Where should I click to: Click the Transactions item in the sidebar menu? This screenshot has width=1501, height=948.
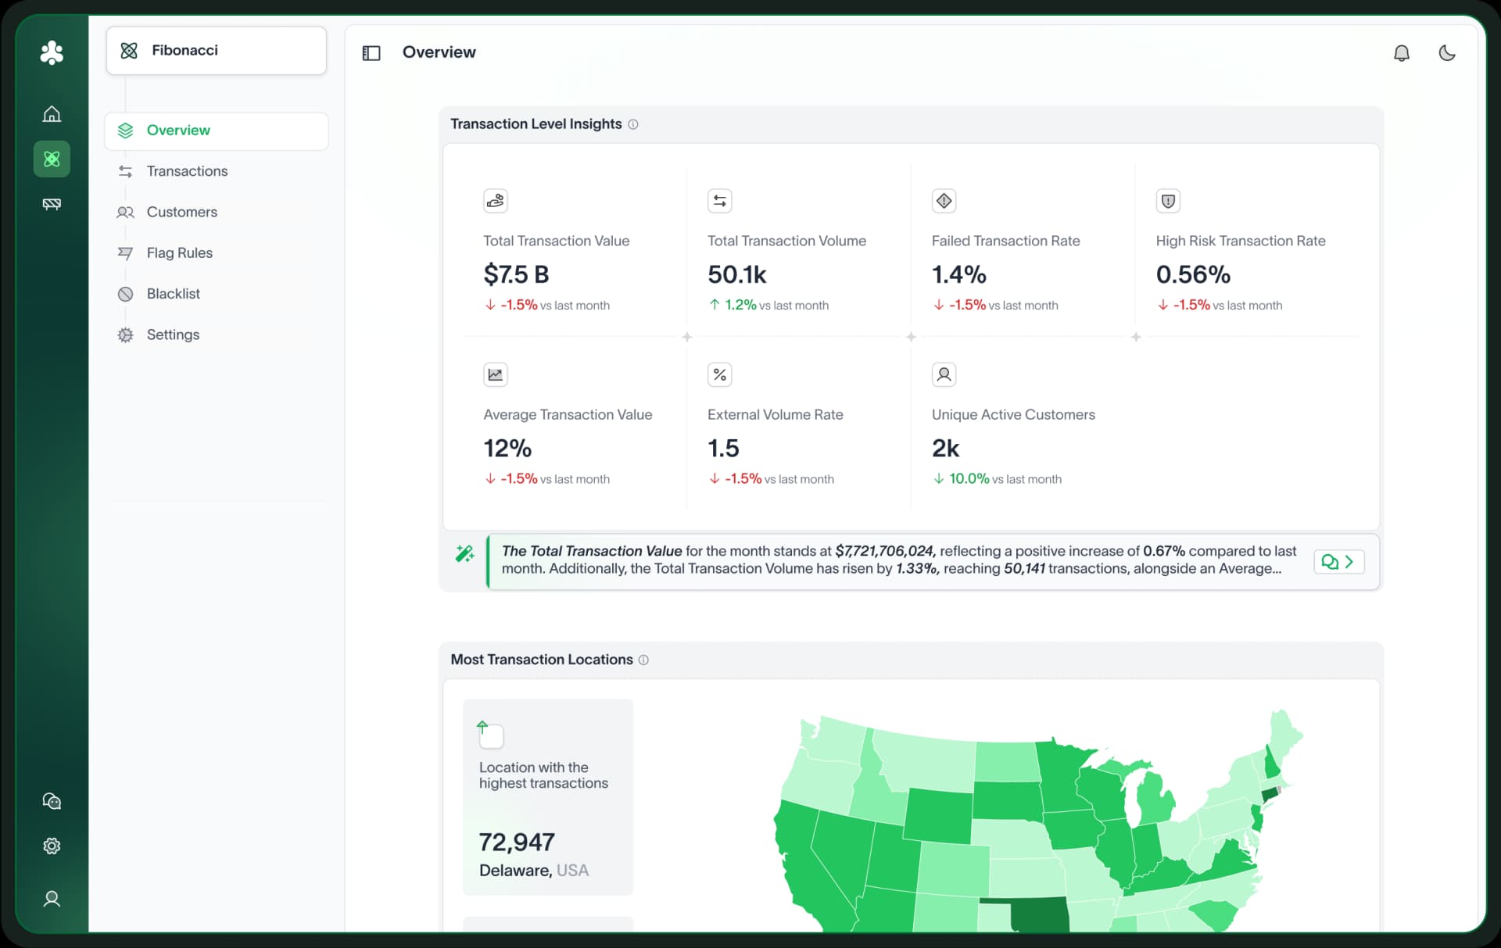coord(186,171)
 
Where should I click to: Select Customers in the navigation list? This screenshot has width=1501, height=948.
coord(181,212)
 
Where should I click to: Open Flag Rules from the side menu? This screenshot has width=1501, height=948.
coord(179,252)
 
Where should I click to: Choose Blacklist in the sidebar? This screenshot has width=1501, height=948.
coord(173,294)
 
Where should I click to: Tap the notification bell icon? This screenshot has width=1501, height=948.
coord(1401,53)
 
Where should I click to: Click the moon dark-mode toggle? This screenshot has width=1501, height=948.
coord(1446,53)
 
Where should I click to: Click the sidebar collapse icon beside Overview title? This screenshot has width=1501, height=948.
coord(371,53)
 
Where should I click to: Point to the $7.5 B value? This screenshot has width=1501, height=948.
coord(516,274)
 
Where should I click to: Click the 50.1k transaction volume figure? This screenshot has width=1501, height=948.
coord(736,274)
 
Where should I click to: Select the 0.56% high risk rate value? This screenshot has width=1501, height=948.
coord(1193,274)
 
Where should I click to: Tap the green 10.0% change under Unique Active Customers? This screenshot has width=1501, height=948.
coord(969,478)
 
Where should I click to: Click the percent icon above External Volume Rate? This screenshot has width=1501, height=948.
coord(719,374)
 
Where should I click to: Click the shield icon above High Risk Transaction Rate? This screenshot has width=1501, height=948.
coord(1167,201)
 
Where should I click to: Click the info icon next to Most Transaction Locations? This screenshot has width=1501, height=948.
coord(643,660)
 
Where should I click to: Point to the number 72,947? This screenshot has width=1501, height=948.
coord(517,842)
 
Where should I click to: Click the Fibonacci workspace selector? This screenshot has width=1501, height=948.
coord(216,51)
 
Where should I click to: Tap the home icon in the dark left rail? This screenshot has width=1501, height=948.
coord(52,114)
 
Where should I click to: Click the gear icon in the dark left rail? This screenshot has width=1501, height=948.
coord(52,846)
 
